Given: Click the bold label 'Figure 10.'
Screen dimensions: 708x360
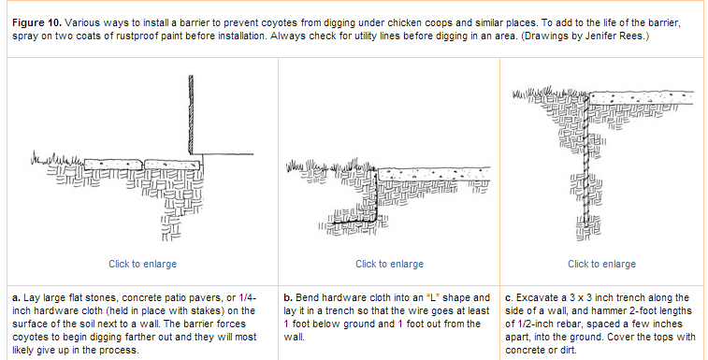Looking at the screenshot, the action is click(x=36, y=23).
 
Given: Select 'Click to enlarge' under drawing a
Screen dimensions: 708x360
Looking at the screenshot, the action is click(x=142, y=264).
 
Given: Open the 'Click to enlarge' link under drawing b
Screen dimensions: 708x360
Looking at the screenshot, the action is click(x=389, y=264).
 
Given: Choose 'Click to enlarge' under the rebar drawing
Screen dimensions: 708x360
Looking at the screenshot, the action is click(x=601, y=264).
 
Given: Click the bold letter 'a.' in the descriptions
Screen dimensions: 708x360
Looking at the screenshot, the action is click(x=16, y=298).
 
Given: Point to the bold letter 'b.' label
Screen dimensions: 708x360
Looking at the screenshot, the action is click(x=288, y=298).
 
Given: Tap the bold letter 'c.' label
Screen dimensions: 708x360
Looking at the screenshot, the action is click(x=510, y=298).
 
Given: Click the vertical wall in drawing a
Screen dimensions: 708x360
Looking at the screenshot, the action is click(x=191, y=114).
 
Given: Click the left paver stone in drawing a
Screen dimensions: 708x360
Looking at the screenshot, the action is click(x=114, y=165).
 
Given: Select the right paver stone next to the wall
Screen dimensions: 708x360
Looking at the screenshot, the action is click(x=172, y=165).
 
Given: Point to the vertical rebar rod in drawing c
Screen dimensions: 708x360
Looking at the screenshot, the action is click(x=585, y=160).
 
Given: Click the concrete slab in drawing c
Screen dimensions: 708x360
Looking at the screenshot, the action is click(x=642, y=98).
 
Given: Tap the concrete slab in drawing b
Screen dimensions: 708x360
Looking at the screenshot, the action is click(x=433, y=174).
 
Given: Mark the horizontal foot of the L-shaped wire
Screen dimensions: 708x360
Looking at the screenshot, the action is click(x=353, y=221).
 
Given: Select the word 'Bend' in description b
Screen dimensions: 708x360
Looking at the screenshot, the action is click(x=308, y=298).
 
